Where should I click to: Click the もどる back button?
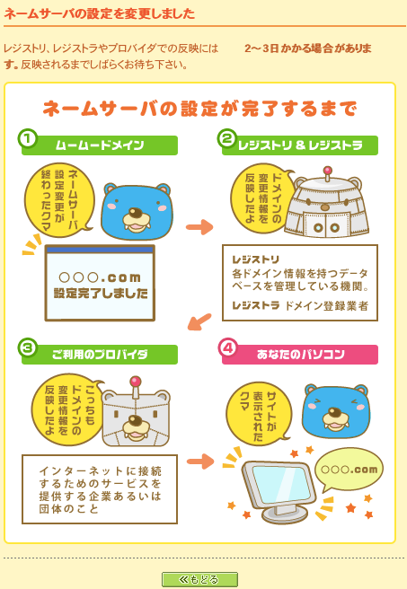199,579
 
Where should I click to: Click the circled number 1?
28,139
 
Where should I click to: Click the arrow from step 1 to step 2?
199,226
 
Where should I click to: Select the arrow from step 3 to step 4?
199,462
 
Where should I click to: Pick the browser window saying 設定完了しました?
100,283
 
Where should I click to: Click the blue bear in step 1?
136,212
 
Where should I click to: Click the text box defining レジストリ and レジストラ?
299,282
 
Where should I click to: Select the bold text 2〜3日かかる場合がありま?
307,48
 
